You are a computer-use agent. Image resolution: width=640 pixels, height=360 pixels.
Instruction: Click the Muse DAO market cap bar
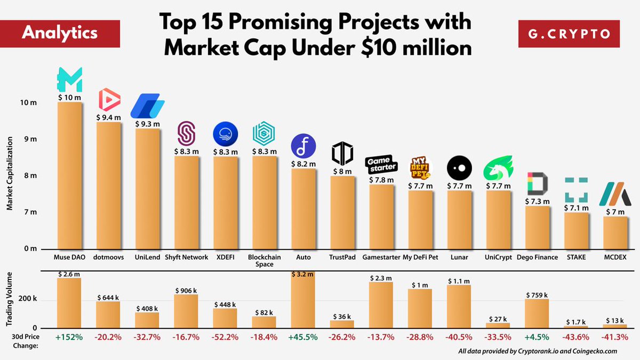coord(70,175)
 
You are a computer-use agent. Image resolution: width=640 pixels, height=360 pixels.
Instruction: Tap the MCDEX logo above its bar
coord(615,194)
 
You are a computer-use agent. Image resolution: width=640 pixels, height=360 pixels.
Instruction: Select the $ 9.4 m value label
coord(108,117)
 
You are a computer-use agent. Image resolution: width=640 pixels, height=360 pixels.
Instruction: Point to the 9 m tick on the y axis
coord(30,139)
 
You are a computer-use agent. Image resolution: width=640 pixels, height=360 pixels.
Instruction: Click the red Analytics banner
coord(60,34)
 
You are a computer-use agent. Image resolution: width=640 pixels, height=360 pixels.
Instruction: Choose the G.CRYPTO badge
coord(569,34)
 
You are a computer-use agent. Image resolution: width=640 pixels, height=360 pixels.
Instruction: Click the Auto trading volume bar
coord(303,299)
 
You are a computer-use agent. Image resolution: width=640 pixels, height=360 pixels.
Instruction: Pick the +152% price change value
coord(69,338)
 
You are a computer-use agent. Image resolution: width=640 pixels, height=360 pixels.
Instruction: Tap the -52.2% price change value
coord(225,338)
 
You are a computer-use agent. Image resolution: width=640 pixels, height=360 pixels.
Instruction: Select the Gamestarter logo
coord(381,164)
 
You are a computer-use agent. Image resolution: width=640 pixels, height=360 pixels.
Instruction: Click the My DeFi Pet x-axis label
coord(420,257)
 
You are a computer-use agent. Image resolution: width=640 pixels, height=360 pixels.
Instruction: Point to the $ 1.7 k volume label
coord(575,322)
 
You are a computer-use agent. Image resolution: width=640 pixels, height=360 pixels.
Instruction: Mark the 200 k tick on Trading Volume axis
coord(27,299)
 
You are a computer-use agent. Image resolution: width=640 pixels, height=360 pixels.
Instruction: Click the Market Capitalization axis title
coord(10,173)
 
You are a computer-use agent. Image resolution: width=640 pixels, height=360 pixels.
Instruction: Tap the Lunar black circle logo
coord(459,168)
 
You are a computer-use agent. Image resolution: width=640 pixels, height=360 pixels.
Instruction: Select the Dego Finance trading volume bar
coord(537,314)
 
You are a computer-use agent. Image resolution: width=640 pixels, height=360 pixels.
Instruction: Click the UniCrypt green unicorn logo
coord(498,167)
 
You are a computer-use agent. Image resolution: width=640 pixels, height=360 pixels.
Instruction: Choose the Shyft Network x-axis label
coord(186,257)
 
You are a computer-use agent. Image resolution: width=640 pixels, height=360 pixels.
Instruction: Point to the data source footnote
coord(538,351)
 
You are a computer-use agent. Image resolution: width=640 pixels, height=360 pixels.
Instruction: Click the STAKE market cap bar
coord(577,231)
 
